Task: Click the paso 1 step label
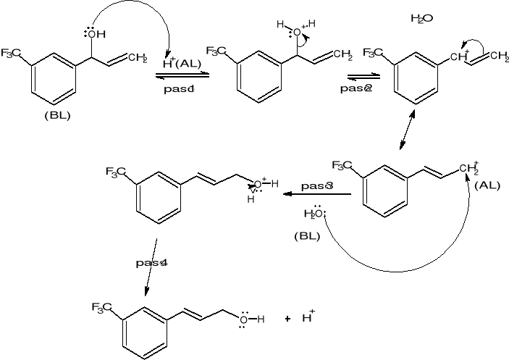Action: point(177,88)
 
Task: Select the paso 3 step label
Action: point(317,186)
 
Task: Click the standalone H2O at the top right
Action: point(421,18)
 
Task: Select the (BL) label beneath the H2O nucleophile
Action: point(307,235)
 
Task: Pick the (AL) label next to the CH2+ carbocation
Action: point(487,185)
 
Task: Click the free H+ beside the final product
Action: point(308,317)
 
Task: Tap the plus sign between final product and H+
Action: point(287,319)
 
